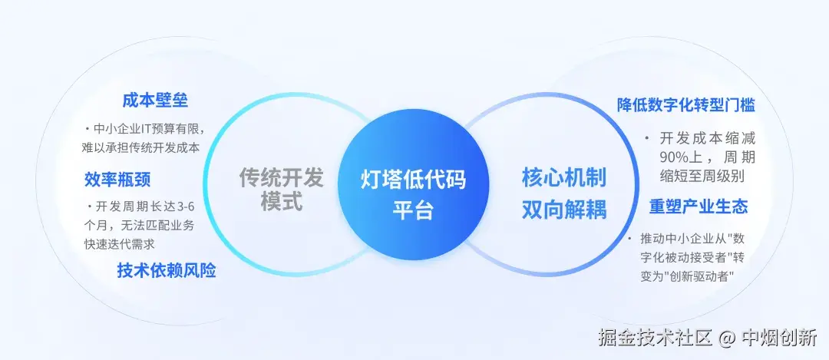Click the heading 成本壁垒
(x=155, y=101)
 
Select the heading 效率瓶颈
(x=117, y=180)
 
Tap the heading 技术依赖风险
(x=167, y=270)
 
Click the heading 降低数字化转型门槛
(x=686, y=105)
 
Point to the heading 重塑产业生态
(x=698, y=207)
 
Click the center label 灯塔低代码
(x=414, y=179)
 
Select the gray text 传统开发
(x=282, y=177)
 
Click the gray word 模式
(x=282, y=203)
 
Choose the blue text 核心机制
(x=564, y=178)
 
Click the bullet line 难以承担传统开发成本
(x=142, y=147)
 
